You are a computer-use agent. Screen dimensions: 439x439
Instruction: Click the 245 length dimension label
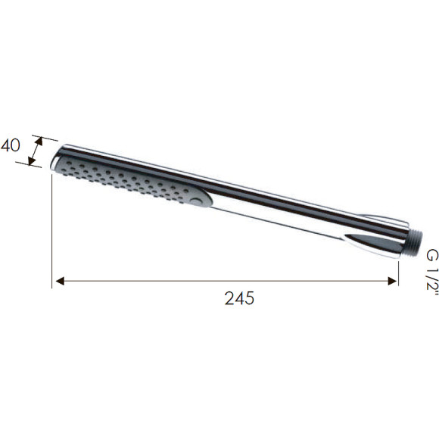pyautogui.click(x=239, y=298)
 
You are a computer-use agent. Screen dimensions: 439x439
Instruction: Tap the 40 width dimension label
pyautogui.click(x=11, y=145)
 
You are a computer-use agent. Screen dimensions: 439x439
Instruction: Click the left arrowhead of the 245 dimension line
pyautogui.click(x=60, y=281)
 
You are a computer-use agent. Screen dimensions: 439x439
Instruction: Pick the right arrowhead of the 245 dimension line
pyautogui.click(x=393, y=281)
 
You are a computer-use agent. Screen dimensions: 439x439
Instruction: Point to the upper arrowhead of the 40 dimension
pyautogui.click(x=39, y=142)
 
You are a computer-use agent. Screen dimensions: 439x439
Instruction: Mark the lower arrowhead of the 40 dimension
pyautogui.click(x=32, y=160)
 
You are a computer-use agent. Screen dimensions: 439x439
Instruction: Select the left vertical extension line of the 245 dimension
pyautogui.click(x=51, y=231)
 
